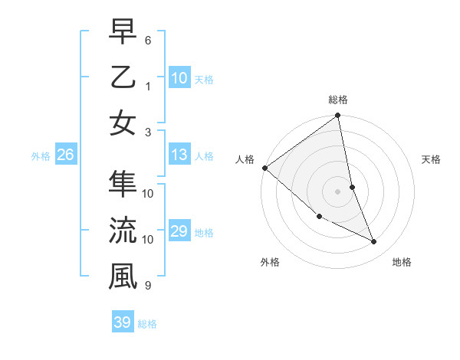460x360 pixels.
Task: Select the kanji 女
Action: pyautogui.click(x=123, y=124)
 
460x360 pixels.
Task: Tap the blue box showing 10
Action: pyautogui.click(x=179, y=77)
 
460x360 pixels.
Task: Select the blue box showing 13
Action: pyautogui.click(x=179, y=155)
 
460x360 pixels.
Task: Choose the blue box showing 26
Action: pyautogui.click(x=66, y=155)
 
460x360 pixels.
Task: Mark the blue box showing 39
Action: pyautogui.click(x=123, y=322)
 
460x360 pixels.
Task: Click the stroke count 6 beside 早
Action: pyautogui.click(x=148, y=39)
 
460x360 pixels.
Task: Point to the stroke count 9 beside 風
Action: pyautogui.click(x=148, y=286)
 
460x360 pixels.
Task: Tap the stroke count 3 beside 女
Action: pyautogui.click(x=148, y=133)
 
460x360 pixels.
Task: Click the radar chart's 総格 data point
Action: pyautogui.click(x=337, y=116)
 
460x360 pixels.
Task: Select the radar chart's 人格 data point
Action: pyautogui.click(x=264, y=168)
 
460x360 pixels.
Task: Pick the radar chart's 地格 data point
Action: pyautogui.click(x=374, y=242)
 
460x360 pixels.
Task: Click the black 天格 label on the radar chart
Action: pyautogui.click(x=432, y=159)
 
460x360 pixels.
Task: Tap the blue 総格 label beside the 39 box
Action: pyautogui.click(x=147, y=324)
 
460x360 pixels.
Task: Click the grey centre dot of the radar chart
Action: pyautogui.click(x=337, y=191)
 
